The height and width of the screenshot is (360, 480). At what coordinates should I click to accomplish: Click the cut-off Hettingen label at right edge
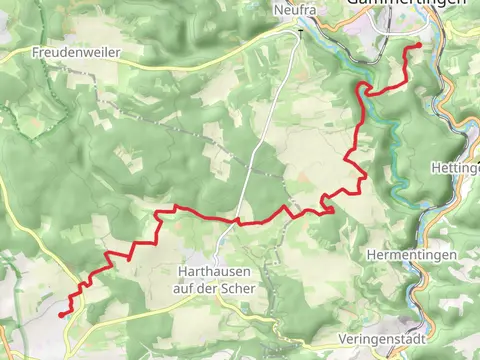point(459,168)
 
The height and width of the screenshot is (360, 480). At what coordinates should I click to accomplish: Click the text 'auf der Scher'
point(214,287)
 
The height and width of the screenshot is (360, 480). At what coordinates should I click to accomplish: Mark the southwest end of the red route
point(62,315)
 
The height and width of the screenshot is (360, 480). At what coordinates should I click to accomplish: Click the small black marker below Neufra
point(298,32)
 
